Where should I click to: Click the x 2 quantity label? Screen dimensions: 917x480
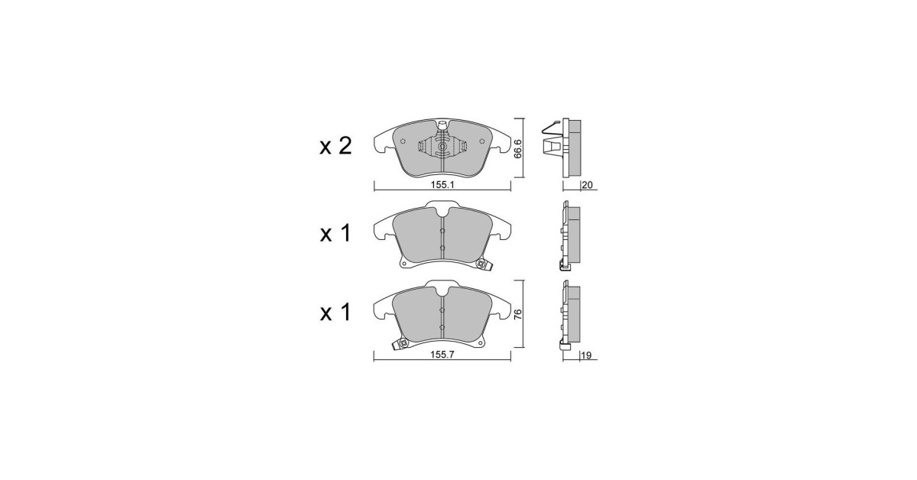click(x=335, y=147)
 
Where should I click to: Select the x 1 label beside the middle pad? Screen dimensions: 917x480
click(x=335, y=234)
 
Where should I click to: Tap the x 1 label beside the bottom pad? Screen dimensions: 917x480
click(x=335, y=313)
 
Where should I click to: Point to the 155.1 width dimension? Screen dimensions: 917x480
click(x=442, y=185)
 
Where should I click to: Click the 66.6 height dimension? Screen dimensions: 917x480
click(x=518, y=149)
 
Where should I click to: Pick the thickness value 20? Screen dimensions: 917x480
click(x=587, y=185)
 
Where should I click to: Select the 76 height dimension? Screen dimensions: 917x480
click(x=518, y=314)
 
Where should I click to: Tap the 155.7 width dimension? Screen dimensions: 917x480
click(x=442, y=355)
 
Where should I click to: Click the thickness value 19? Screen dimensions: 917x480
click(x=586, y=355)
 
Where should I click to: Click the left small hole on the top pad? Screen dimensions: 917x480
click(x=403, y=141)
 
